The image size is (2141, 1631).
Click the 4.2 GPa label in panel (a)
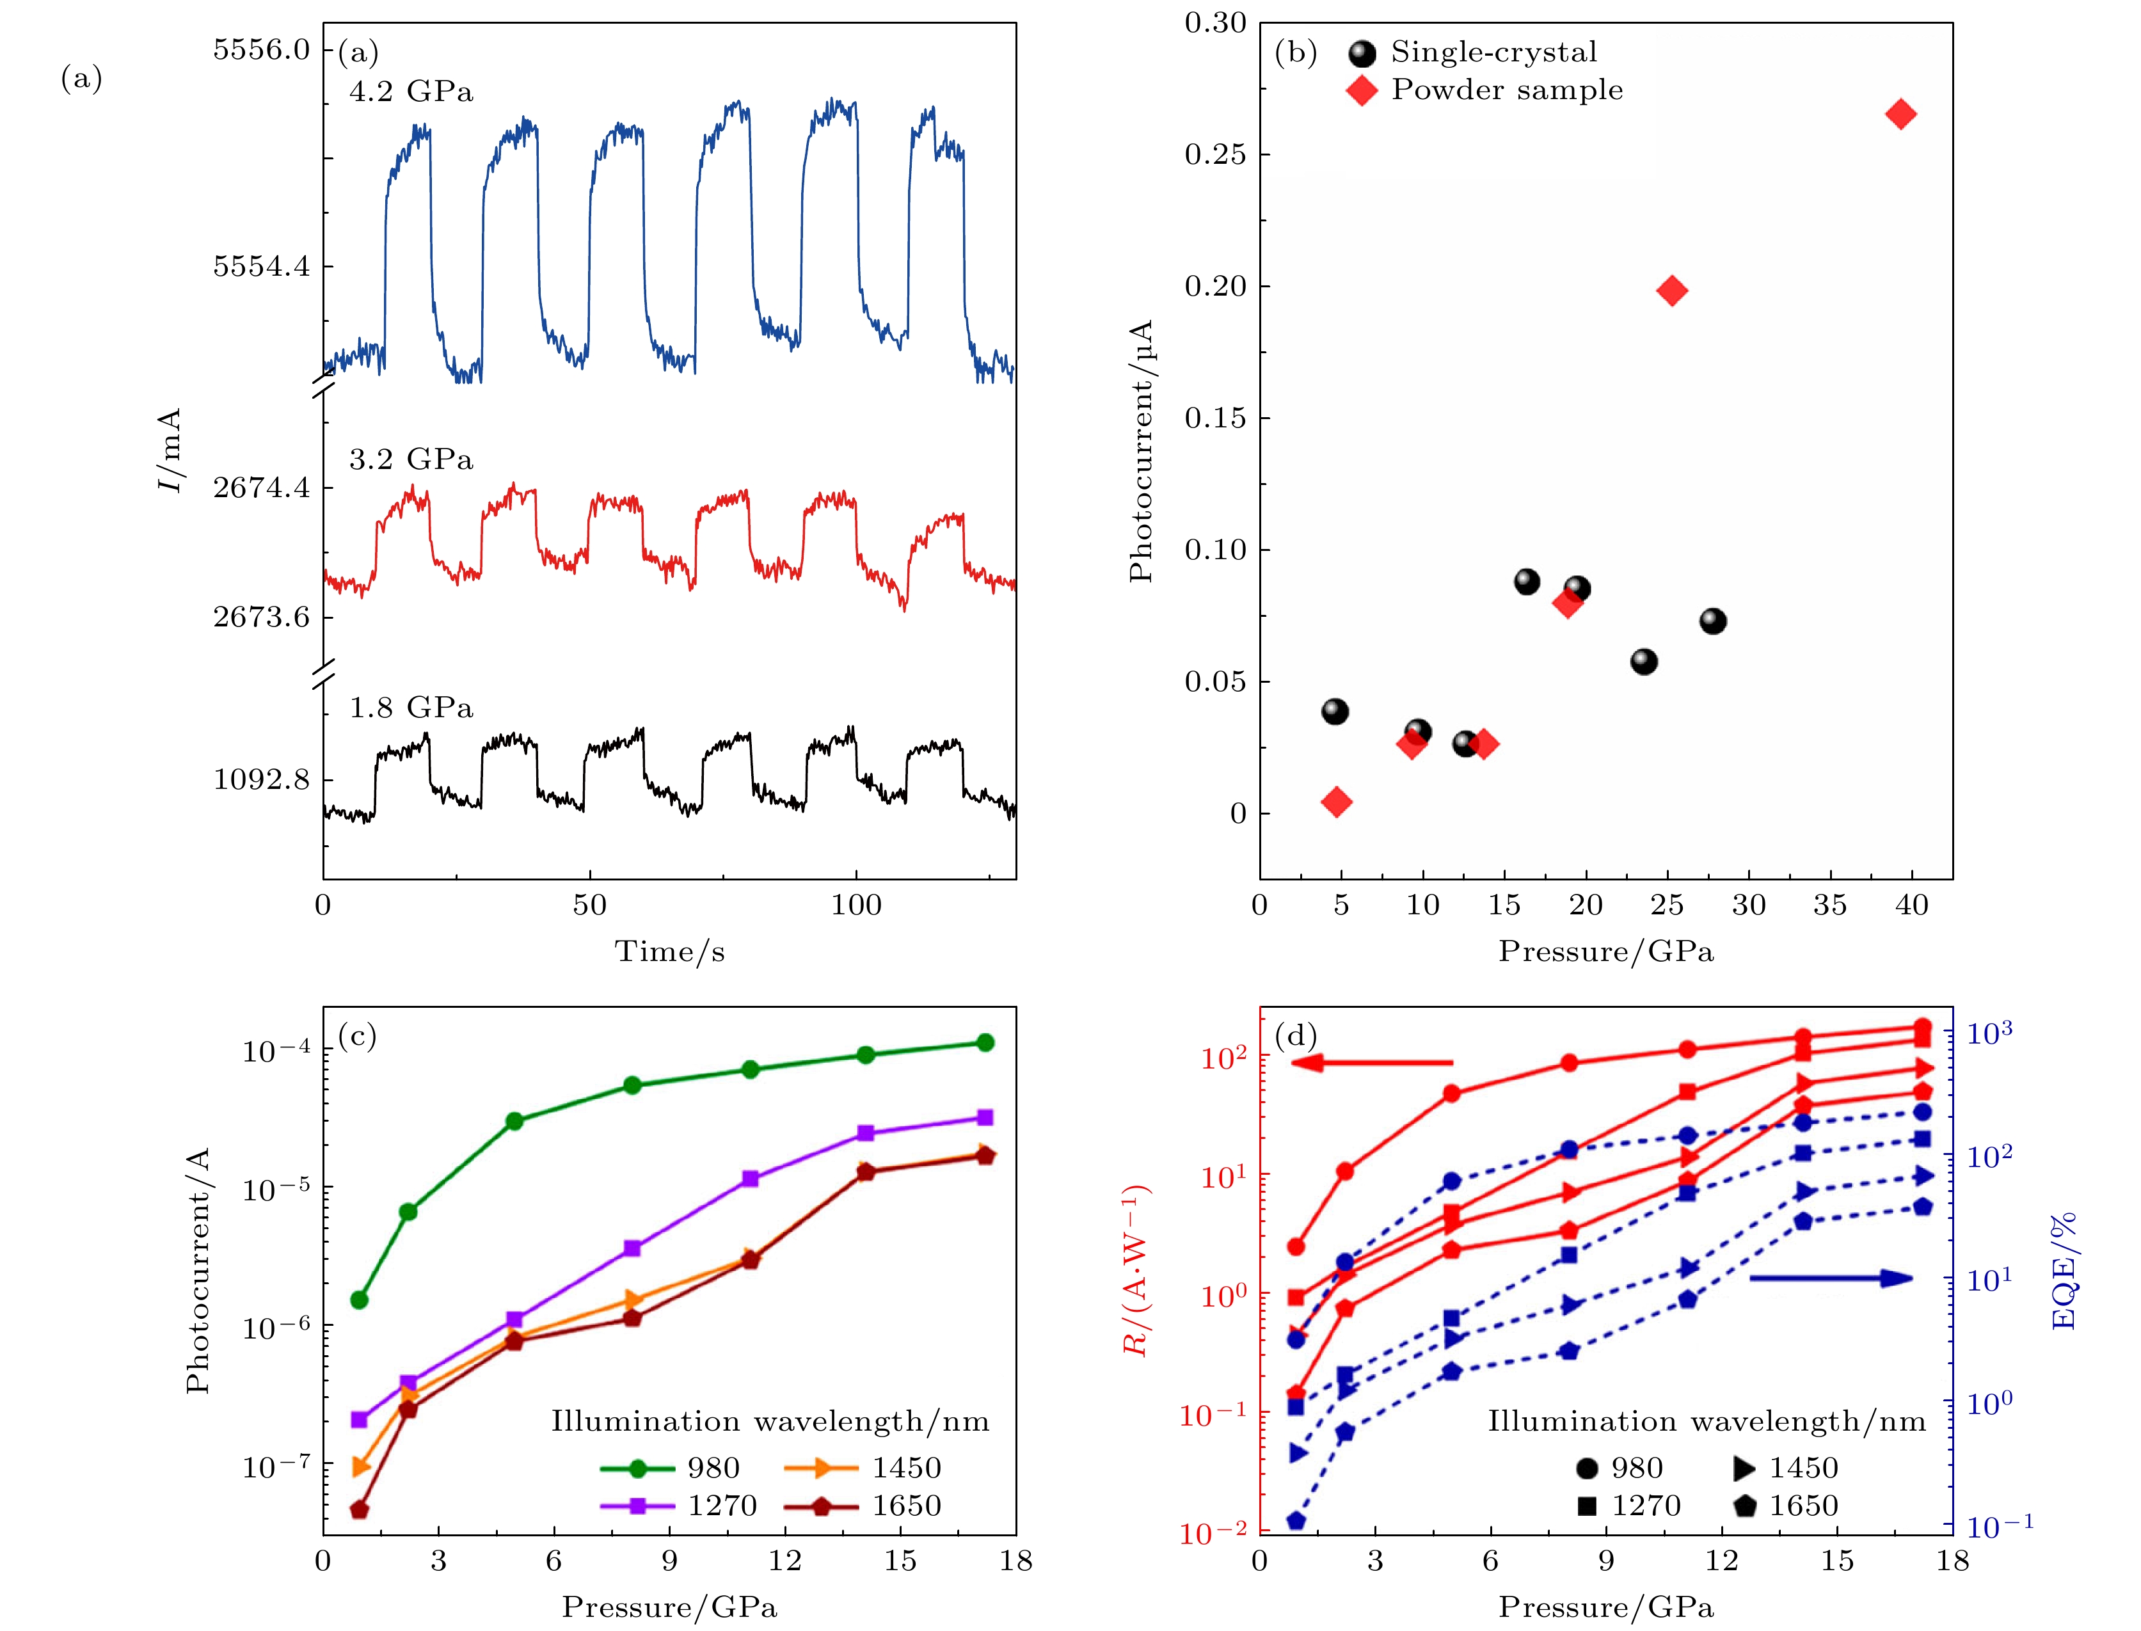click(411, 91)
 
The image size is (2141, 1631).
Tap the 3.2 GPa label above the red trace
click(411, 459)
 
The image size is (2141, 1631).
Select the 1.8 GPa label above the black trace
click(411, 708)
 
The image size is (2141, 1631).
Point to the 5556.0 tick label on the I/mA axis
click(261, 49)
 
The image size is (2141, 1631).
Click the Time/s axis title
click(669, 951)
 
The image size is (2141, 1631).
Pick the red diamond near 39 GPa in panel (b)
click(1900, 115)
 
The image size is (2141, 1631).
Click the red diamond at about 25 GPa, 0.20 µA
click(1671, 290)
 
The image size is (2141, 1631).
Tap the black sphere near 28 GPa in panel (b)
click(1713, 621)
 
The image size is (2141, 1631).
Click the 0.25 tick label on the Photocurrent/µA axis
click(1214, 154)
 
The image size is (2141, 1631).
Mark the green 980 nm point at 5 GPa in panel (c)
click(514, 1121)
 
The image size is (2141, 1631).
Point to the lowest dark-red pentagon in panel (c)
click(359, 1509)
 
